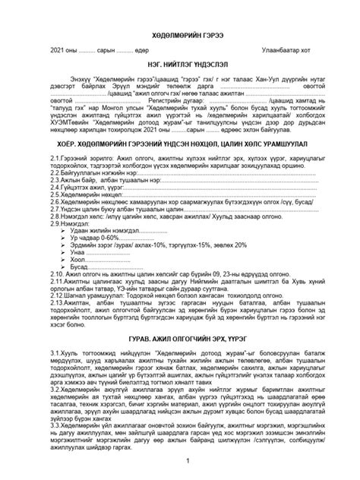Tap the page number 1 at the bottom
click(179, 462)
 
